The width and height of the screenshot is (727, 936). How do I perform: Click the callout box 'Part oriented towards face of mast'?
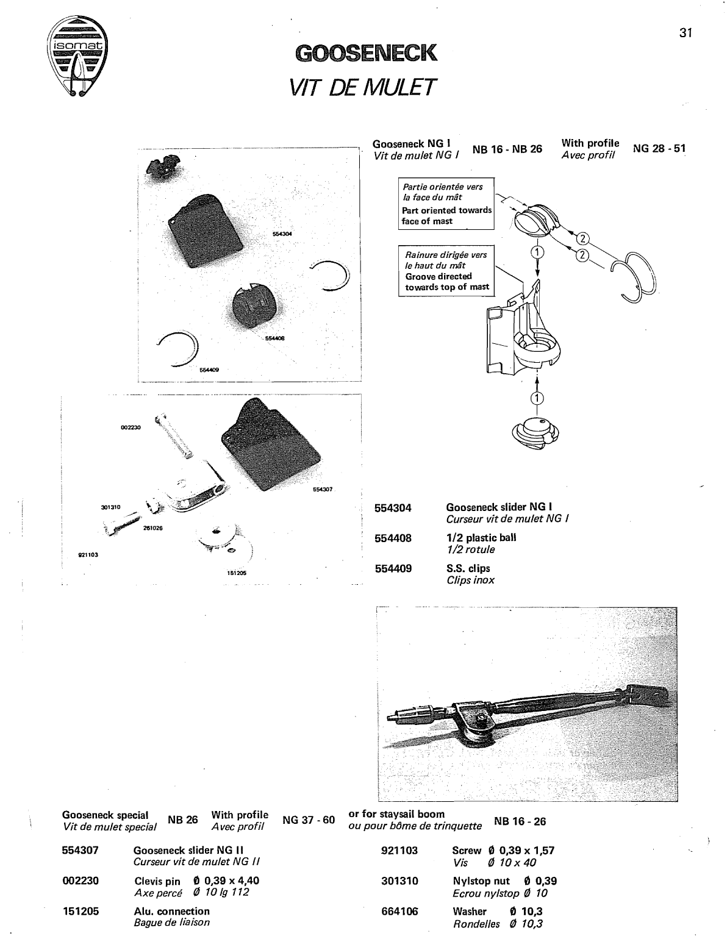[x=446, y=204]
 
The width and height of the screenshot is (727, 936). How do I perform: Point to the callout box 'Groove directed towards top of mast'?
[x=446, y=271]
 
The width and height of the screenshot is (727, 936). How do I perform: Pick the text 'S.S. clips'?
[x=468, y=568]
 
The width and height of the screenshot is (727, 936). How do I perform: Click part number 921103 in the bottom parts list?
[x=399, y=850]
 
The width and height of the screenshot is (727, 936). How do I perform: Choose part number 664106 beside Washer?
[x=399, y=911]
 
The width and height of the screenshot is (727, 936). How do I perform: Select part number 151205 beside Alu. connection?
[x=81, y=911]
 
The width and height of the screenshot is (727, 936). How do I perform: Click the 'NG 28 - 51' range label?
[x=659, y=149]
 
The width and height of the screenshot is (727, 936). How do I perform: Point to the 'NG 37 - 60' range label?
[x=309, y=820]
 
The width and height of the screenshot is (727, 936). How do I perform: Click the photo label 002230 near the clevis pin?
[x=131, y=427]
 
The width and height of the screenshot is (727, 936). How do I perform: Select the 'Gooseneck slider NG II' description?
[x=188, y=850]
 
